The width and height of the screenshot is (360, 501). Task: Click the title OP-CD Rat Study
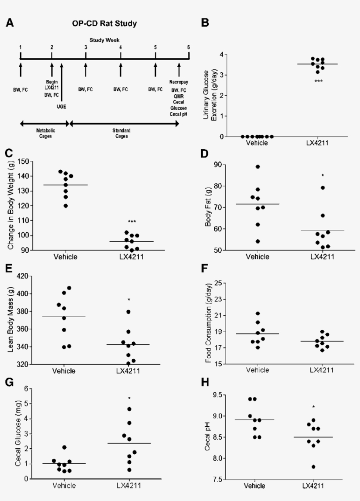click(x=104, y=23)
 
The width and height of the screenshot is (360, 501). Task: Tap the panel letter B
click(x=205, y=23)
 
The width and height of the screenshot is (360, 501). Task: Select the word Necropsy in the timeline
click(x=179, y=82)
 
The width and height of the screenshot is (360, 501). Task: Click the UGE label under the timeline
click(x=62, y=107)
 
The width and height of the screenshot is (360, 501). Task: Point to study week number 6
click(x=188, y=47)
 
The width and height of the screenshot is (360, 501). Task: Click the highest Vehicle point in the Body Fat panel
click(x=258, y=167)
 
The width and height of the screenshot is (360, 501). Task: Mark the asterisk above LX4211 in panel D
click(x=323, y=176)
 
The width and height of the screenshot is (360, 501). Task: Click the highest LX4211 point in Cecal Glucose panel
click(x=129, y=409)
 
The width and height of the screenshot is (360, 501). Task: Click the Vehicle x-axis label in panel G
click(x=64, y=485)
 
